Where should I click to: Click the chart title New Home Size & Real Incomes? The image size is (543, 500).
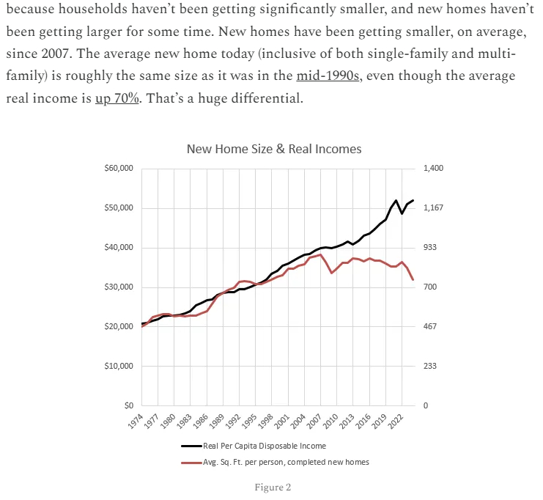pyautogui.click(x=274, y=149)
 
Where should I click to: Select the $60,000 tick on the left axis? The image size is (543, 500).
pyautogui.click(x=119, y=169)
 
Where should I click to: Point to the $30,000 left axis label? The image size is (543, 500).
pyautogui.click(x=119, y=287)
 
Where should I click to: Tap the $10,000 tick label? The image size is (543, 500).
pyautogui.click(x=119, y=366)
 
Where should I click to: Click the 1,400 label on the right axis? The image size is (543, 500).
pyautogui.click(x=434, y=169)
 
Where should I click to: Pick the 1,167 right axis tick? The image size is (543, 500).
pyautogui.click(x=434, y=208)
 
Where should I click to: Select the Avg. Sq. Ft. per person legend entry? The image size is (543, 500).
pyautogui.click(x=286, y=462)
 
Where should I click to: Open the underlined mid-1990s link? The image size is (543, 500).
pyautogui.click(x=328, y=76)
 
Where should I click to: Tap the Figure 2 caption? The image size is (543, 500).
pyautogui.click(x=273, y=487)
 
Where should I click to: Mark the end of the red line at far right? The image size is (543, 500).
pyautogui.click(x=413, y=280)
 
